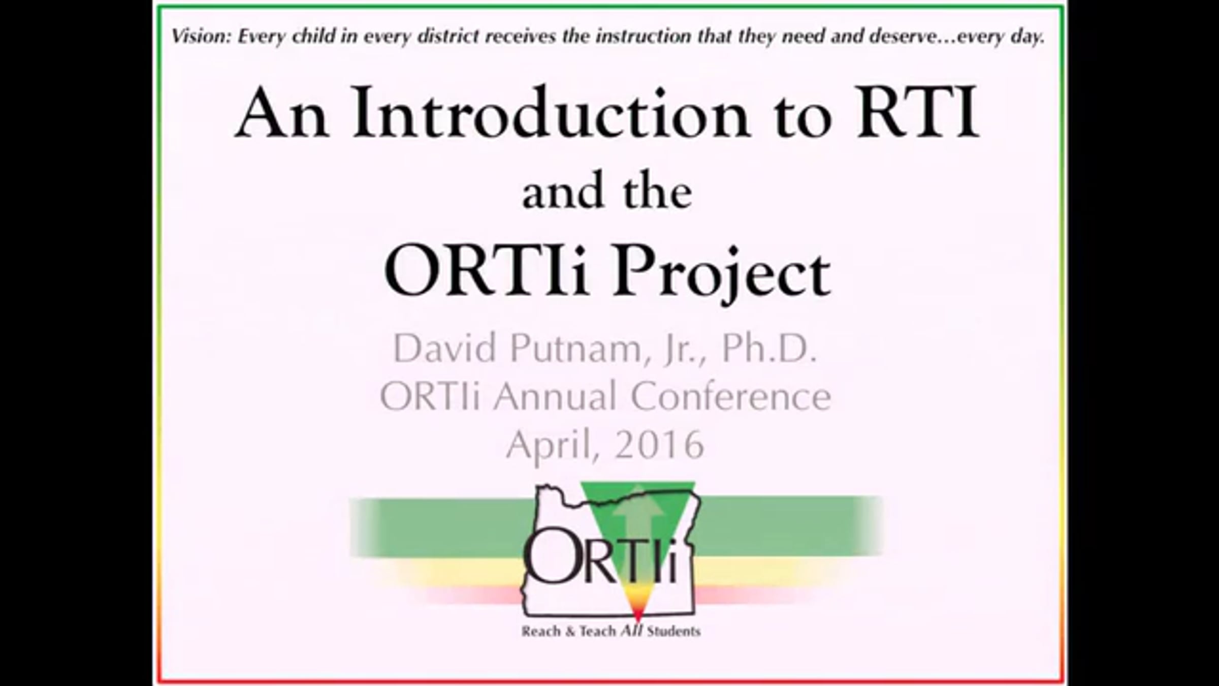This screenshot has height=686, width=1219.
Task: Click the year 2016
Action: pos(658,445)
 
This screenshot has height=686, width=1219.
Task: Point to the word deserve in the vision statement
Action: pos(909,37)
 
